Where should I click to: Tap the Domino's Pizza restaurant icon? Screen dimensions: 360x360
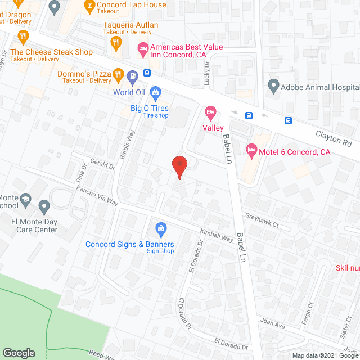tap(118, 74)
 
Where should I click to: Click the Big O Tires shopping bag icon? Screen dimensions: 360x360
tap(156, 92)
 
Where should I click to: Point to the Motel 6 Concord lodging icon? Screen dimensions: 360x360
tap(251, 150)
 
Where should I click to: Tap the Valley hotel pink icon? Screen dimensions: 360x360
tap(210, 112)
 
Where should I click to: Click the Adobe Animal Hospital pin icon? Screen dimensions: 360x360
tap(273, 87)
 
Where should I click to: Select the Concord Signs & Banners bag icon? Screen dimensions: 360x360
tap(161, 228)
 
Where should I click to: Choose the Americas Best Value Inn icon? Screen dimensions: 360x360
tap(143, 50)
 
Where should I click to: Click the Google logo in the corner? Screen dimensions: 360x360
tap(19, 353)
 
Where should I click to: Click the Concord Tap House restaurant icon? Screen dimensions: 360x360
tap(89, 6)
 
